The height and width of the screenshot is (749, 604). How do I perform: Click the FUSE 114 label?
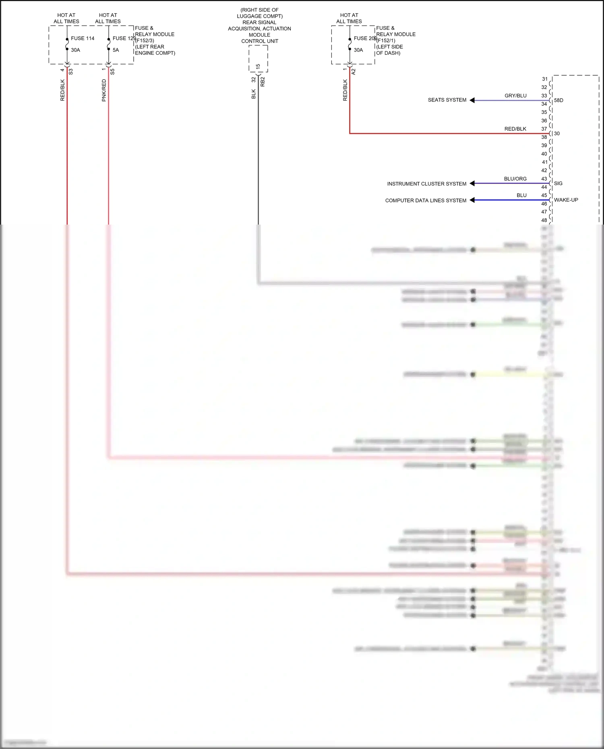[x=83, y=38]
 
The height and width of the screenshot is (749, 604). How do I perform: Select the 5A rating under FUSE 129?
[x=116, y=50]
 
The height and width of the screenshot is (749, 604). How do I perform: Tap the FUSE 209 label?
[x=365, y=38]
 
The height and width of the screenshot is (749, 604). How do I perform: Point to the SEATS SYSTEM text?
[x=447, y=100]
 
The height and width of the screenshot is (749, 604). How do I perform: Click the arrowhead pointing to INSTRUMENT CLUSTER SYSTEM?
[x=472, y=184]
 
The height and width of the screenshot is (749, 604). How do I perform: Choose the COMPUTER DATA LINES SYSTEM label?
[x=426, y=200]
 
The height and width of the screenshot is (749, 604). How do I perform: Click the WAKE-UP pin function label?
[x=566, y=200]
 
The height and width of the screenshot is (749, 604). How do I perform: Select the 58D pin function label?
[x=558, y=100]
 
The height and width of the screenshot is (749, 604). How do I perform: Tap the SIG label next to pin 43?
[x=558, y=184]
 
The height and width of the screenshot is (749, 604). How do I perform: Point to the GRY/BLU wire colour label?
[x=515, y=96]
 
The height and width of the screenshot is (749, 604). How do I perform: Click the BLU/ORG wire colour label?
[x=515, y=179]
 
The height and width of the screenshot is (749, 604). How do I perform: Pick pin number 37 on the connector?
[x=544, y=129]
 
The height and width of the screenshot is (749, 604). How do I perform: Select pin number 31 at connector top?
[x=544, y=79]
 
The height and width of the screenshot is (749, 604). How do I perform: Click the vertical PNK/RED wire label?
[x=104, y=90]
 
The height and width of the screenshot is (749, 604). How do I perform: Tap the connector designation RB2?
[x=263, y=82]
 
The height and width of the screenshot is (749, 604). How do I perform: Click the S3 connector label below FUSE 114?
[x=71, y=72]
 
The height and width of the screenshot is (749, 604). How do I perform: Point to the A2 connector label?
[x=354, y=72]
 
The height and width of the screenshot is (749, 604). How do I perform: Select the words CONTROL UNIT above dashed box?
[x=260, y=41]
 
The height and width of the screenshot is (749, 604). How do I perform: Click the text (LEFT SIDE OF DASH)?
[x=389, y=50]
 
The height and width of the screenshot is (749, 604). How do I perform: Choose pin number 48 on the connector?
[x=544, y=220]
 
